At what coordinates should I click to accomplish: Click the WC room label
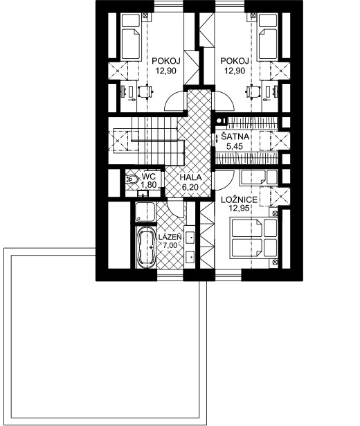pos(149,177)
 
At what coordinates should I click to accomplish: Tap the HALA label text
pos(190,177)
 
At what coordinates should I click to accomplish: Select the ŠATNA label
pos(235,136)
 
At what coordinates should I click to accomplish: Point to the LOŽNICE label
pos(239,200)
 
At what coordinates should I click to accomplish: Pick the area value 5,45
pos(235,147)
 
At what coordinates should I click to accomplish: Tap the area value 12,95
pos(239,208)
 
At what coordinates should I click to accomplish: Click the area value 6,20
pos(190,186)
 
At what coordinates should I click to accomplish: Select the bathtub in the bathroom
pos(146,247)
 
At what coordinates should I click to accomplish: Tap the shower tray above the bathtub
pos(145,212)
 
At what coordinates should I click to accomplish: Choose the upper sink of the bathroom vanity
pos(190,237)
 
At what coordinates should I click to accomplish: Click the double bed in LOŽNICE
pos(253,238)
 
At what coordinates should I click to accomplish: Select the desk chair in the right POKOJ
pos(253,91)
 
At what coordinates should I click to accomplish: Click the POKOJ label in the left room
pos(166,61)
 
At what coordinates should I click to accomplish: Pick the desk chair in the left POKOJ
pos(145,91)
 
